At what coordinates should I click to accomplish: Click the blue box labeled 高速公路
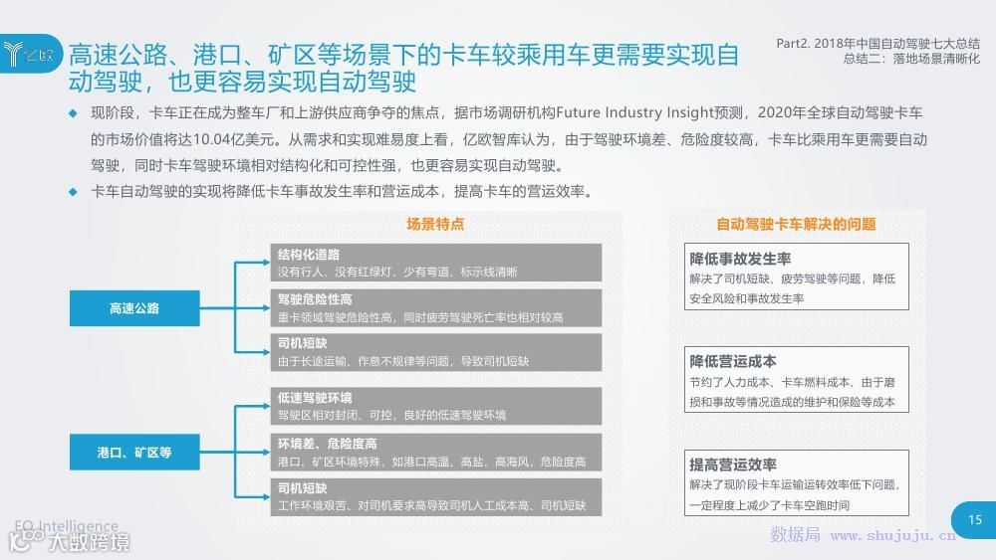coord(134,308)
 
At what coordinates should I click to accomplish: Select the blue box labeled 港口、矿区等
coord(134,453)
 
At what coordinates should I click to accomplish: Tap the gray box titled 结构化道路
coord(436,263)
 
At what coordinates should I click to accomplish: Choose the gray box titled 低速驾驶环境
coord(436,406)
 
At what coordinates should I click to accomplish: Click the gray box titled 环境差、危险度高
coord(436,453)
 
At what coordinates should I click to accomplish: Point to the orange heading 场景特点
coord(435,225)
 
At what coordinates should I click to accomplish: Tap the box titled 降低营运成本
coord(796,379)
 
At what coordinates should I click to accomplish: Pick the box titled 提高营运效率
coord(796,483)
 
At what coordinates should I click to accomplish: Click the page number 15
coord(974,519)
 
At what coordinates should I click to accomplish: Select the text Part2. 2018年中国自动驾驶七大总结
coord(877,44)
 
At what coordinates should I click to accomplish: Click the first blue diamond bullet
coord(72,113)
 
